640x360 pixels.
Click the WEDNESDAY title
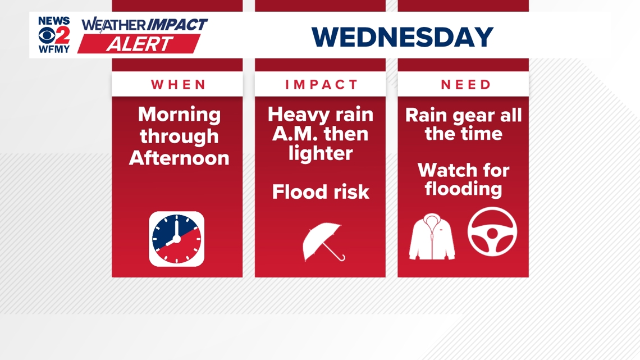[x=402, y=37]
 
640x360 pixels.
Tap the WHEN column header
[x=179, y=85]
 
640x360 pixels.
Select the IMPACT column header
[x=321, y=85]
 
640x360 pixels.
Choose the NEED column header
[x=466, y=85]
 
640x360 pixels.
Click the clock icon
[x=177, y=239]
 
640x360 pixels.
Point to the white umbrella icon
[x=323, y=241]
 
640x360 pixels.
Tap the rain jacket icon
[x=432, y=237]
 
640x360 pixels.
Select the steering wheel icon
[x=492, y=232]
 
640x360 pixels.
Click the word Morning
[x=179, y=115]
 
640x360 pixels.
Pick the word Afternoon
[x=179, y=158]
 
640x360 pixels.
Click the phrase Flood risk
[x=321, y=192]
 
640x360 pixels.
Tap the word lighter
[x=321, y=153]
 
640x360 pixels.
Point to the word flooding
[x=463, y=189]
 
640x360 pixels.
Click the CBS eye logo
[x=47, y=35]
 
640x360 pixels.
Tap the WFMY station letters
[x=54, y=49]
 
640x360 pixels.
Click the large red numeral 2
[x=62, y=35]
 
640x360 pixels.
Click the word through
[x=179, y=136]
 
